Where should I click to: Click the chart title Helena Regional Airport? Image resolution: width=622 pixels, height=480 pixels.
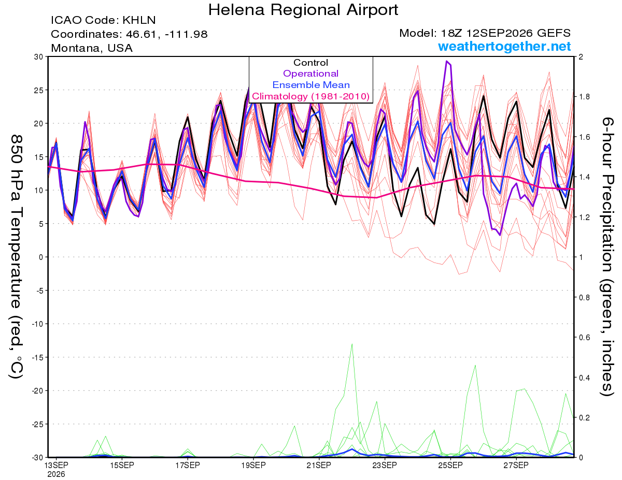pos(303,10)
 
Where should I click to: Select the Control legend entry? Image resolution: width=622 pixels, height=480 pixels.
pos(310,63)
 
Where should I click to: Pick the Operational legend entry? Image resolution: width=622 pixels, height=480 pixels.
pos(310,74)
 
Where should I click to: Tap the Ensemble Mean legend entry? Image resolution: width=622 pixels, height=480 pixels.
pos(311,85)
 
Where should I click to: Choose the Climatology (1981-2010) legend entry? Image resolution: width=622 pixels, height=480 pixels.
pos(310,96)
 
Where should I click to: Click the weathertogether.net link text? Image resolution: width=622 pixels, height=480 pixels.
pos(504,46)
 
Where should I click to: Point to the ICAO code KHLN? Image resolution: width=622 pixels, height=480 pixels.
pos(139,20)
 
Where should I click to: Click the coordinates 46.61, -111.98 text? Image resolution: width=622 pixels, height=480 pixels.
pos(166,34)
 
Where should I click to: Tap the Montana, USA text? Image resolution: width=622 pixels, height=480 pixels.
pos(92,48)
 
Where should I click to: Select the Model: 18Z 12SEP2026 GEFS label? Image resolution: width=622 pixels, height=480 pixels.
pos(485,33)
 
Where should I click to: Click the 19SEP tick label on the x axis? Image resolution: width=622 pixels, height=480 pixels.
pos(253,466)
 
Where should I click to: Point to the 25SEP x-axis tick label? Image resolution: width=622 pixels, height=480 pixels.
pos(450,466)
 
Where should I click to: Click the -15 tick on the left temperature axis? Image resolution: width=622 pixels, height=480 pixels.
pos(38,357)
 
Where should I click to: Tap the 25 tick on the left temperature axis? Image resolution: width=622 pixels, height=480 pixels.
pos(39,90)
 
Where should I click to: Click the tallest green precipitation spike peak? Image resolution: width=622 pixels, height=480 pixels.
pos(352,344)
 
